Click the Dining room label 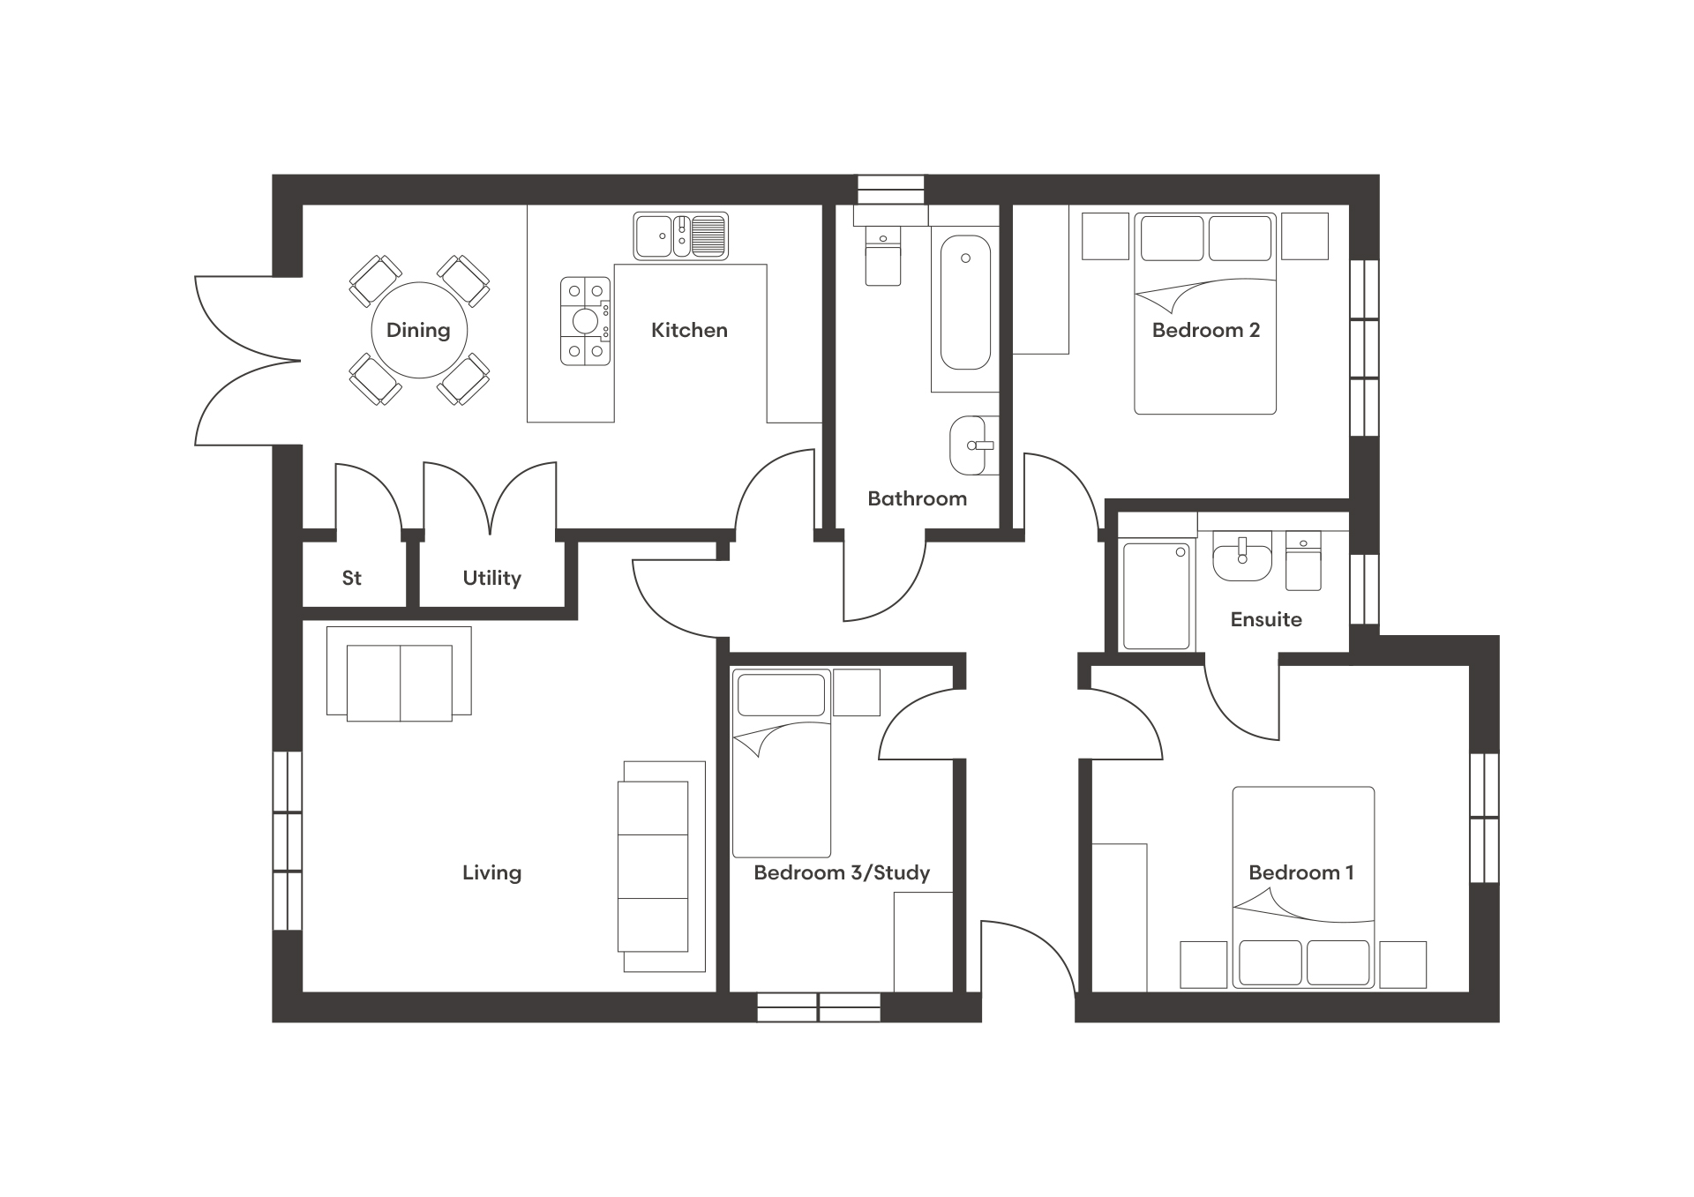[x=418, y=330]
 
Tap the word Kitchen [x=689, y=330]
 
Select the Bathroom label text [x=917, y=498]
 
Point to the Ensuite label [x=1266, y=619]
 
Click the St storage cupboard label [x=351, y=578]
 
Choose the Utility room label [x=491, y=578]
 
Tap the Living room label [x=491, y=872]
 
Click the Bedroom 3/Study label [x=842, y=872]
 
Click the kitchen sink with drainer [x=681, y=236]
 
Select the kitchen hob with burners [x=586, y=321]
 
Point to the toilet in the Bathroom [x=883, y=256]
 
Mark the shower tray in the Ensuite [x=1157, y=597]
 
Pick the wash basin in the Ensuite [x=1242, y=556]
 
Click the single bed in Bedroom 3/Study [x=782, y=763]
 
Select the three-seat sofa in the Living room [x=662, y=867]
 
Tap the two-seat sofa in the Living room [x=399, y=674]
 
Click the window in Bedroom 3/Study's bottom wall [x=819, y=1007]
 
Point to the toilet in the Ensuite [x=1303, y=560]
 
